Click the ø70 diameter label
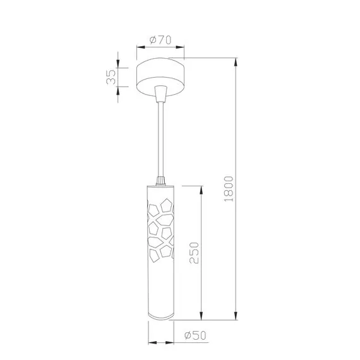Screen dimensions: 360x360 click(160, 40)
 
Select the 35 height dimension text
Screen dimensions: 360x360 click(111, 76)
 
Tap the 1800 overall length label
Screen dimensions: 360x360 click(229, 189)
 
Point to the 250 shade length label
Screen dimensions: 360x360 click(194, 253)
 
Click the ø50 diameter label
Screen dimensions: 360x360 click(195, 335)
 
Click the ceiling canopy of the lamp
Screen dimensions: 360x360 click(160, 78)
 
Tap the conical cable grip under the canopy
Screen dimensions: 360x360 click(160, 93)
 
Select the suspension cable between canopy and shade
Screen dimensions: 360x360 click(160, 140)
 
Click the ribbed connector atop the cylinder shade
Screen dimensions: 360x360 click(160, 181)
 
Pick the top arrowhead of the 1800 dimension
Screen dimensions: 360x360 click(236, 62)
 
